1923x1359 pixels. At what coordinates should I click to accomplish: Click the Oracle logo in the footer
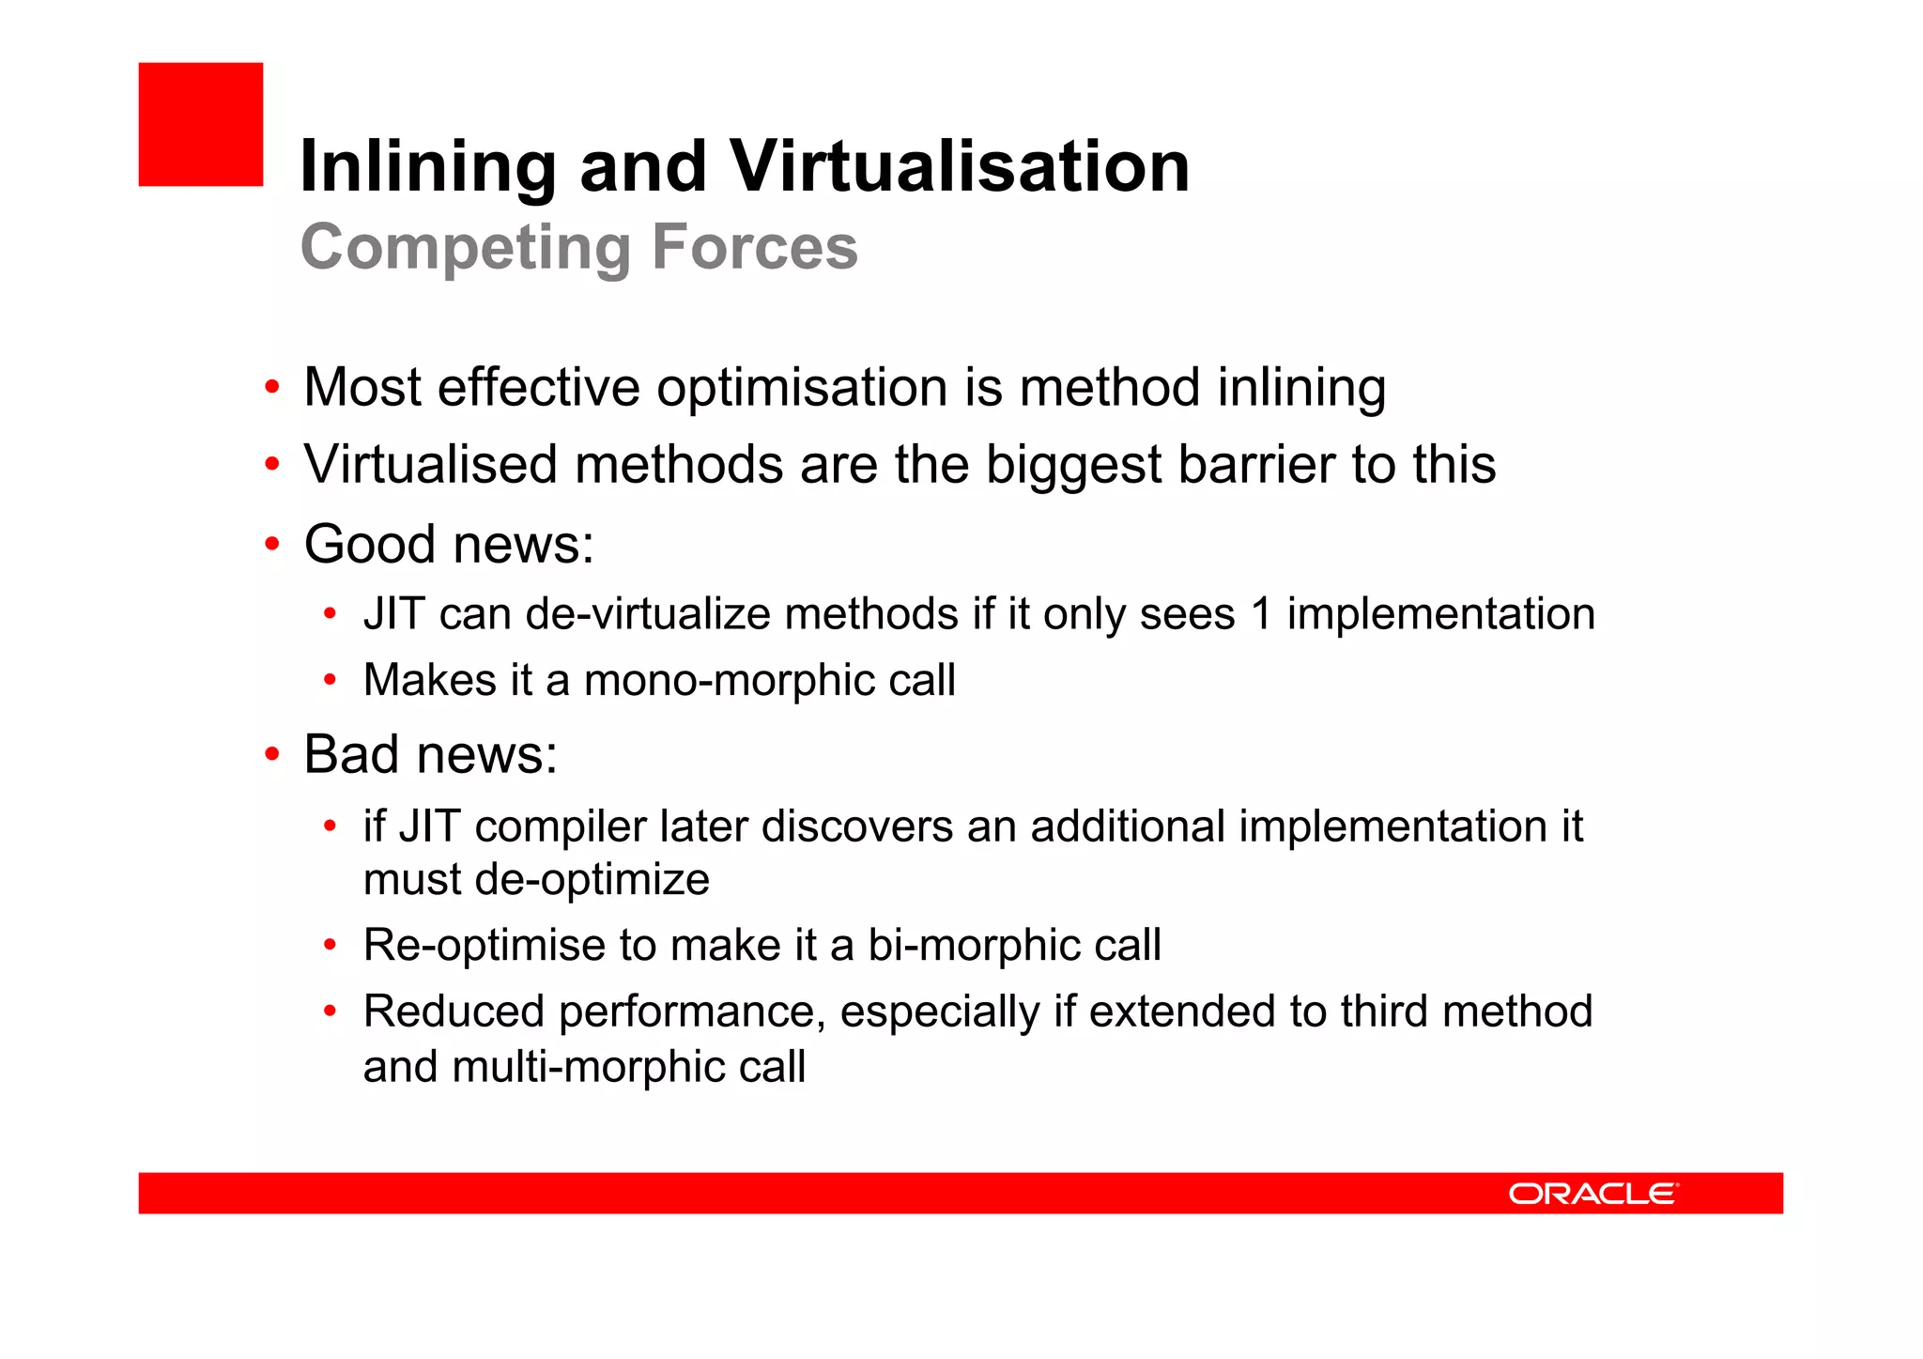[1592, 1194]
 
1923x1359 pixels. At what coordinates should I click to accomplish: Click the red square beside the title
[201, 124]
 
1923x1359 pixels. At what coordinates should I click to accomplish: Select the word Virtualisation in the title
[960, 166]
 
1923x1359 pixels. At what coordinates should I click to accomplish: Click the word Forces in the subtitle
[754, 247]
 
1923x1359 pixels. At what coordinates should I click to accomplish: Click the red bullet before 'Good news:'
[272, 544]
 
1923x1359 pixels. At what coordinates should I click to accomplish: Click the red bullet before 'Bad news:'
[272, 753]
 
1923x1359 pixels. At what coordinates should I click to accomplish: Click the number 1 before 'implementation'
[1261, 614]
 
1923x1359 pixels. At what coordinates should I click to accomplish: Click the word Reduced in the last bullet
[454, 1012]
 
